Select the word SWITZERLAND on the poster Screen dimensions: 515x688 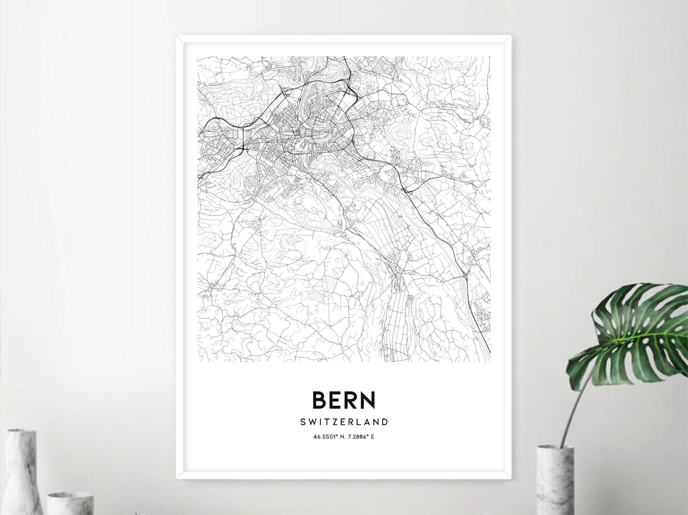pos(344,422)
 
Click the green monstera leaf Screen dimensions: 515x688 pos(636,330)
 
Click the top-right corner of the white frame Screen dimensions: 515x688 pos(511,35)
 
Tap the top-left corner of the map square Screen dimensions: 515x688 pos(198,57)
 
